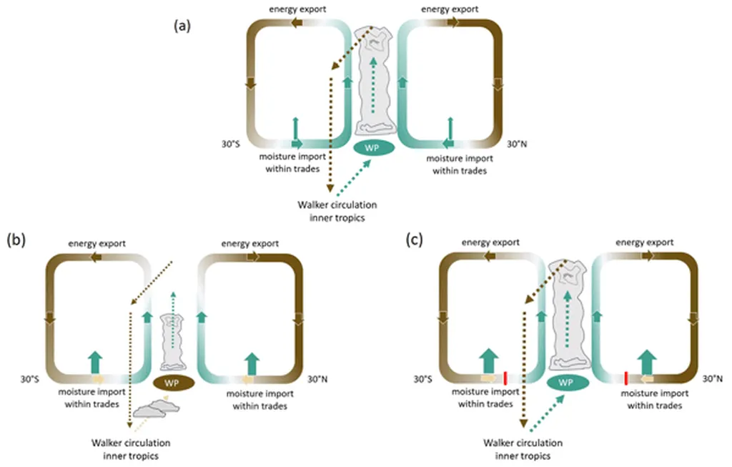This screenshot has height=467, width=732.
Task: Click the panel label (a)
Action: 181,26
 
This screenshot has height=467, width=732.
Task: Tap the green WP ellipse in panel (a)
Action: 374,149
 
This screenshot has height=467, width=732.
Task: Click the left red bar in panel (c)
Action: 505,378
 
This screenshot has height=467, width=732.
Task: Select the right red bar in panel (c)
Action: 626,378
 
